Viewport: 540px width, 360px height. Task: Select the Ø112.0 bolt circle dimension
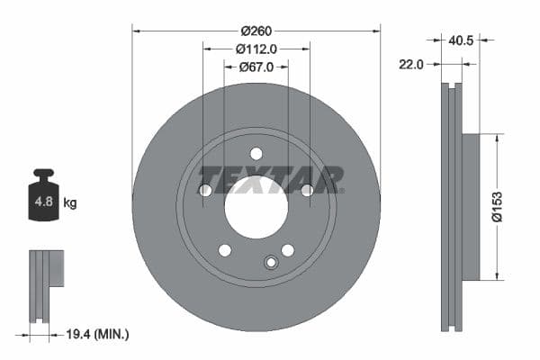click(x=256, y=49)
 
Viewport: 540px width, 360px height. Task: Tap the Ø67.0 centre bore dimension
click(x=256, y=67)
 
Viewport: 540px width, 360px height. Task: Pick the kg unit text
click(x=70, y=203)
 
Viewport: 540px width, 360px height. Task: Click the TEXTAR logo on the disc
click(x=270, y=178)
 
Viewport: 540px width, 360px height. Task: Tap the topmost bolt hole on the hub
click(x=256, y=153)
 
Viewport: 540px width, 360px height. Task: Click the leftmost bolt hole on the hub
click(x=205, y=190)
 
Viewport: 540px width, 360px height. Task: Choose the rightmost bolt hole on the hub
click(x=307, y=190)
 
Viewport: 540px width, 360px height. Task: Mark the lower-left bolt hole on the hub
click(x=225, y=249)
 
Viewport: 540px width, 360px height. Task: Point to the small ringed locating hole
click(x=270, y=262)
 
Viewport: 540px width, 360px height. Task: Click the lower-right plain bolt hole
click(x=288, y=249)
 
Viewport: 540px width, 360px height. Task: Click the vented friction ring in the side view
click(x=452, y=207)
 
